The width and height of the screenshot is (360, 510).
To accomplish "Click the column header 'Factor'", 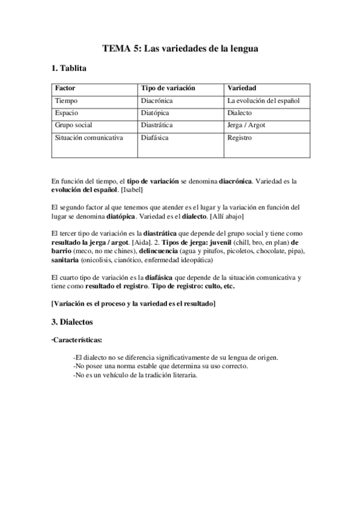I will point(65,88).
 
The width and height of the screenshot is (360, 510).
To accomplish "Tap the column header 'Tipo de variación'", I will point(168,88).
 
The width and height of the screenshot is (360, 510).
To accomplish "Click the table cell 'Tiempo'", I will point(66,100).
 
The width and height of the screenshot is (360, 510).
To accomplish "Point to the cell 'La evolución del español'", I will point(263,100).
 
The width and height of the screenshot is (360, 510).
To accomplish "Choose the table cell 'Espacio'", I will point(67,112).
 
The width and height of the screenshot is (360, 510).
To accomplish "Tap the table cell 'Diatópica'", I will point(155,112).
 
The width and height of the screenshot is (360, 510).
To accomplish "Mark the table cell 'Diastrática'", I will point(157,125).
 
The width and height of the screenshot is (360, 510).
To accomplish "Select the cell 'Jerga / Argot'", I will point(246,125).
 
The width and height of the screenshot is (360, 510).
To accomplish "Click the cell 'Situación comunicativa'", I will point(89,138).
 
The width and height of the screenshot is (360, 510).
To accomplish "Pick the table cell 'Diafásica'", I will point(154,138).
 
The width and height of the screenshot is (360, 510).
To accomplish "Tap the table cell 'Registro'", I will point(240,138).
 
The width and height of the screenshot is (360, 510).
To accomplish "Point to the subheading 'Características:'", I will point(77,340).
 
